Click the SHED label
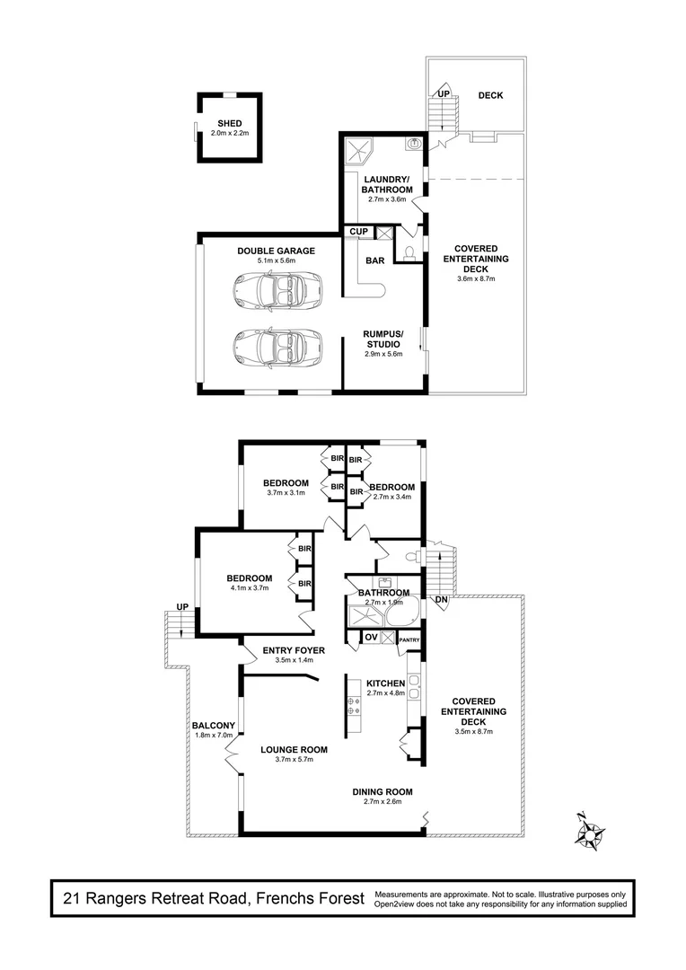[x=228, y=124]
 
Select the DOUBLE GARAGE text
[x=277, y=251]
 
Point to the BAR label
[x=375, y=261]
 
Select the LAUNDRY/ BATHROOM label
[x=387, y=185]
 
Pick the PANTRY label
[x=409, y=639]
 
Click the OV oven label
[x=369, y=637]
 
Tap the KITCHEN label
[x=386, y=683]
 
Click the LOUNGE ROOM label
[x=294, y=749]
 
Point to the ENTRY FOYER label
[x=294, y=649]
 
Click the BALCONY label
[x=214, y=726]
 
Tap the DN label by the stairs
[x=440, y=599]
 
